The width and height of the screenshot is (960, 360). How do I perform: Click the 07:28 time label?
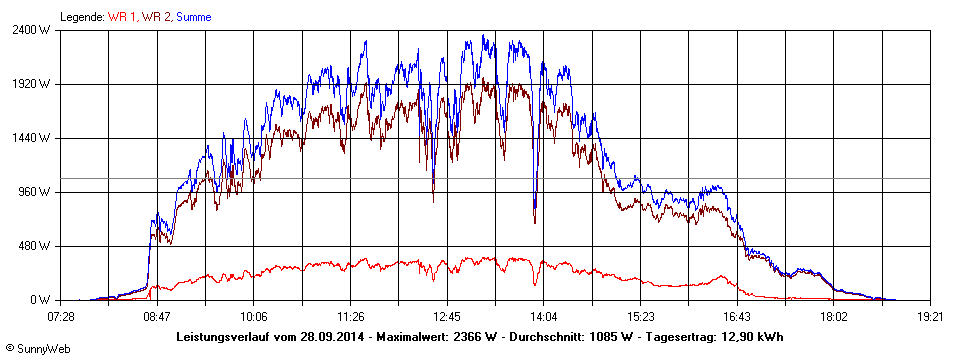61,316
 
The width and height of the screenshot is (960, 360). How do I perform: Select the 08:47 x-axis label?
157,316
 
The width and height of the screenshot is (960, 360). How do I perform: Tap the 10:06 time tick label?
254,316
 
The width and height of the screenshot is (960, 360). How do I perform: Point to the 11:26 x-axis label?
351,316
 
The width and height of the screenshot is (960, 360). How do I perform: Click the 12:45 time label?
447,316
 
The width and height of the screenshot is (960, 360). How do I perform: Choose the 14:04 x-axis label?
543,316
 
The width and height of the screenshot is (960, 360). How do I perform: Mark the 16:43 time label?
737,316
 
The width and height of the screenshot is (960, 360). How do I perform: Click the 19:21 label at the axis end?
930,316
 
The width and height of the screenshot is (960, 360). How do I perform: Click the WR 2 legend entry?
155,17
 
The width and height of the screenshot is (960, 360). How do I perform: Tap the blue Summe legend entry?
194,17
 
